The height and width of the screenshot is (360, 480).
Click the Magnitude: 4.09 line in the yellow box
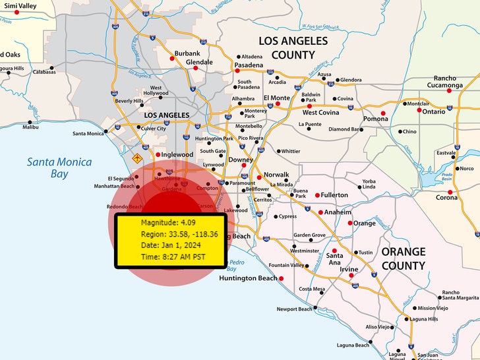[x=165, y=222]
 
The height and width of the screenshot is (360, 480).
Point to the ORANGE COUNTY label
[x=404, y=258]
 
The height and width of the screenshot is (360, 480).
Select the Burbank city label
[x=187, y=53]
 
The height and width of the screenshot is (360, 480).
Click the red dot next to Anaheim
[x=321, y=212]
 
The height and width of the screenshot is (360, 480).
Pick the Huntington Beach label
[x=248, y=278]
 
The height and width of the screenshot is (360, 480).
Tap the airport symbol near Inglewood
[x=137, y=159]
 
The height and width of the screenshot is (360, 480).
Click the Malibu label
[x=30, y=127]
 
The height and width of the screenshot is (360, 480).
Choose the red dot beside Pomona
[x=382, y=113]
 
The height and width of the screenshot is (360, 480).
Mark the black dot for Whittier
[x=278, y=151]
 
